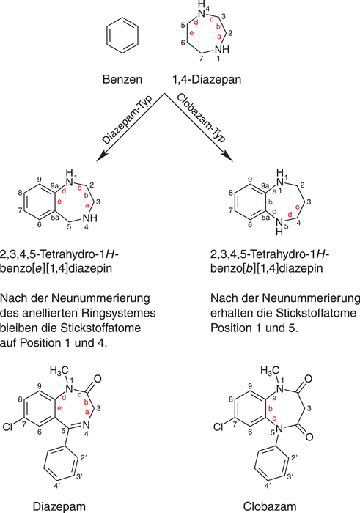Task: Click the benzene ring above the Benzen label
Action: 122,21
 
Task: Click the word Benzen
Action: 122,79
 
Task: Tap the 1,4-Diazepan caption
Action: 207,79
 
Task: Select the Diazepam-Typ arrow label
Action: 128,120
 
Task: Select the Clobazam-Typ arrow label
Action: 202,118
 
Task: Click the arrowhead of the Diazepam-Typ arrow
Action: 100,157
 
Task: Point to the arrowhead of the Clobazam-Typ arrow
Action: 228,157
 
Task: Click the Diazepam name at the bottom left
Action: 59,507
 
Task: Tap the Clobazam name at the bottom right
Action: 270,507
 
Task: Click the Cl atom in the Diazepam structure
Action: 7,427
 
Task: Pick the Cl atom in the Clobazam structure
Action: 218,427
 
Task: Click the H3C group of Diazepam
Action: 59,371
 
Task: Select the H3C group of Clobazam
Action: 270,371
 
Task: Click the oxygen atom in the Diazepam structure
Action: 98,379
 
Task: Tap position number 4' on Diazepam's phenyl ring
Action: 57,487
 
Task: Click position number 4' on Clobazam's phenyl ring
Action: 268,487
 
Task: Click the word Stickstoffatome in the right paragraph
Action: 316,313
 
